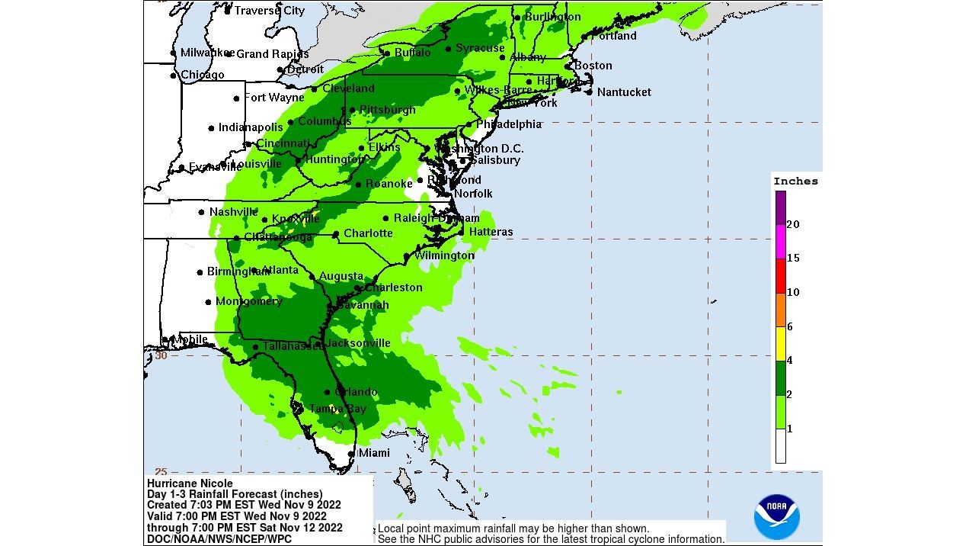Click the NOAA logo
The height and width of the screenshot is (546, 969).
pos(776,516)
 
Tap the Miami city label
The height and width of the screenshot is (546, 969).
pos(373,453)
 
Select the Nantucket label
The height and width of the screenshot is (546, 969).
pos(624,92)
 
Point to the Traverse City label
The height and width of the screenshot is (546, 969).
pos(269,11)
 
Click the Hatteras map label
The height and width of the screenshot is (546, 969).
pos(491,232)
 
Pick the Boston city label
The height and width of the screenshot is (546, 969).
pos(593,66)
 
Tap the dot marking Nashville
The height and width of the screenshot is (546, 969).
pos(202,212)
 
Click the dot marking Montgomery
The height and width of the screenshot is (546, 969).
pos(208,302)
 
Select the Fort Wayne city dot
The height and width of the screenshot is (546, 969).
pos(236,98)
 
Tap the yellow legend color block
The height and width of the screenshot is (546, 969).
pos(781,343)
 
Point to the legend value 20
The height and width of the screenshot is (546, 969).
pos(793,224)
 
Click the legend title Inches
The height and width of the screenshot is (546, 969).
pos(795,181)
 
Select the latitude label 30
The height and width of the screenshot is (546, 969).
pos(161,355)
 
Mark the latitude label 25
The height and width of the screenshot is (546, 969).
pos(161,472)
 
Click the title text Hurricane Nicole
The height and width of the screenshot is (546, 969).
pos(190,483)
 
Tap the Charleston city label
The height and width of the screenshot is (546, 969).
pos(393,287)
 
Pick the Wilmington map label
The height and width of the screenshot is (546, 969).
pos(443,255)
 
